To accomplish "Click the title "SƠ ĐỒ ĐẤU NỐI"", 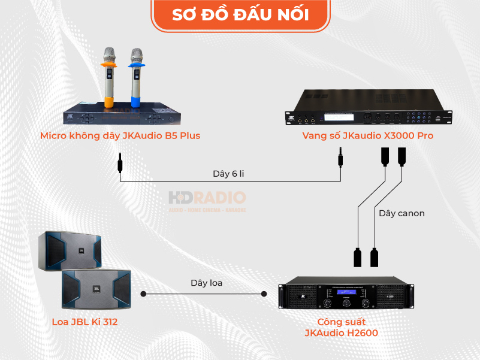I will point(240,15).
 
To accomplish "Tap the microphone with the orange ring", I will point(108,75).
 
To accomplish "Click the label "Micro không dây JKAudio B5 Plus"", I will point(120,136).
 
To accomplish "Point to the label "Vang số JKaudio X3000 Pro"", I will point(368,136).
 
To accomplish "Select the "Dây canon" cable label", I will point(401,213).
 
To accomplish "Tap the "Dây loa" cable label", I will point(207,283).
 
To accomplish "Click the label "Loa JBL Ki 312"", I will point(84,322).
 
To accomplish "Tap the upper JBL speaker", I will point(71,250).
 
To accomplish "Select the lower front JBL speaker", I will point(96,289).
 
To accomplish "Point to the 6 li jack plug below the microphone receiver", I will point(120,162).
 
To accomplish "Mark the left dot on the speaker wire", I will point(144,294).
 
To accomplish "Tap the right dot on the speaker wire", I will point(264,294).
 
